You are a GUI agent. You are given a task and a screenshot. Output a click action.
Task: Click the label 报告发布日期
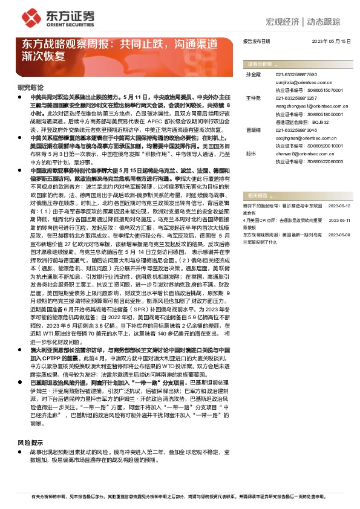256,42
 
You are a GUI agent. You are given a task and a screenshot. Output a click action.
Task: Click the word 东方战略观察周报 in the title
59,45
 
